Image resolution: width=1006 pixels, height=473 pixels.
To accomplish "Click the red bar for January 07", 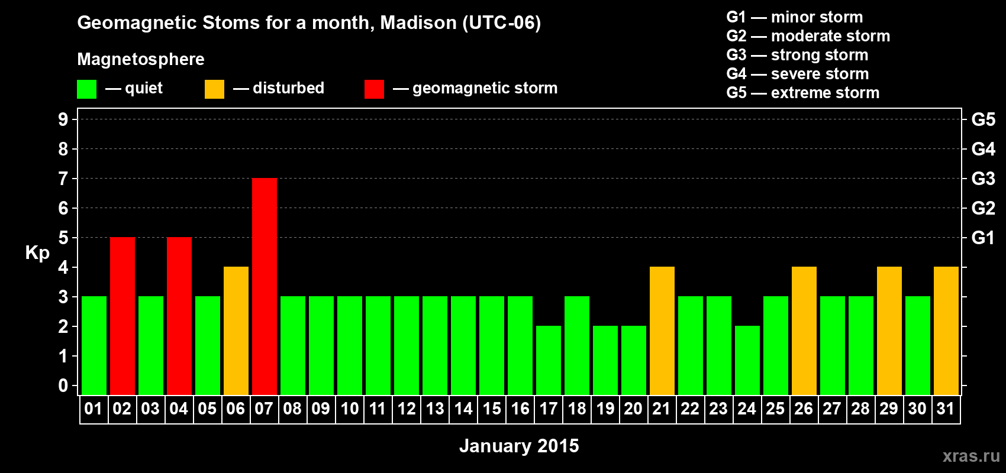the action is coord(265,286).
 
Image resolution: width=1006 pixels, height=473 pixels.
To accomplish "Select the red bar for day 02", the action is coord(122,316).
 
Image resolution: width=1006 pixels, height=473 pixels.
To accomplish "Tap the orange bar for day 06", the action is coord(236,331).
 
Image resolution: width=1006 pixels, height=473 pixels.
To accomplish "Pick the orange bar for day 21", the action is coord(662,331).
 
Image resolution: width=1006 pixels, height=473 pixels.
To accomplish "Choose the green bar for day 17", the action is coord(549,360).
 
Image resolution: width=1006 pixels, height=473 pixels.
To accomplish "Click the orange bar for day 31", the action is coord(946,331).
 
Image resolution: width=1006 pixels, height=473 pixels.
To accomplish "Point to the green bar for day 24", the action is coord(747,360).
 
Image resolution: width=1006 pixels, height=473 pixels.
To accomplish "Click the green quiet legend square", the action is coord(86,89).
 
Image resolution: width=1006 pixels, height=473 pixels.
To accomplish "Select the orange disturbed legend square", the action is coord(214,89).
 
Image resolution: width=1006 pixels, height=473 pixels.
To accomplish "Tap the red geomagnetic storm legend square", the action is coord(374,89).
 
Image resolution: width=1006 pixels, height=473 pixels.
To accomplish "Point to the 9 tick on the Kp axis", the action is coord(63,119).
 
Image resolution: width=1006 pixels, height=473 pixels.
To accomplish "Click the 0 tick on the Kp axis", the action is coord(63,385).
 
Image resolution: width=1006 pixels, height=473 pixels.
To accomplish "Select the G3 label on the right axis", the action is coord(984,179).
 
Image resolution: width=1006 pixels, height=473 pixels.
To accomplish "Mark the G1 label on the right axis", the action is coord(984,238).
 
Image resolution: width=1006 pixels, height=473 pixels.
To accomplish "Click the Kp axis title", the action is coord(37,253).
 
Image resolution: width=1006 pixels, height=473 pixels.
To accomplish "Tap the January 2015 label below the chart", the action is coord(519,446).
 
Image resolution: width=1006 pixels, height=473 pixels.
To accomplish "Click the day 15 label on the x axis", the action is coord(492,409).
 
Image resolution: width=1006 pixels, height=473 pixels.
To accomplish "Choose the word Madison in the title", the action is coord(418,23).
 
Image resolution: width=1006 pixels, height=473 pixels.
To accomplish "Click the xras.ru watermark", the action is coord(971,456).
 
